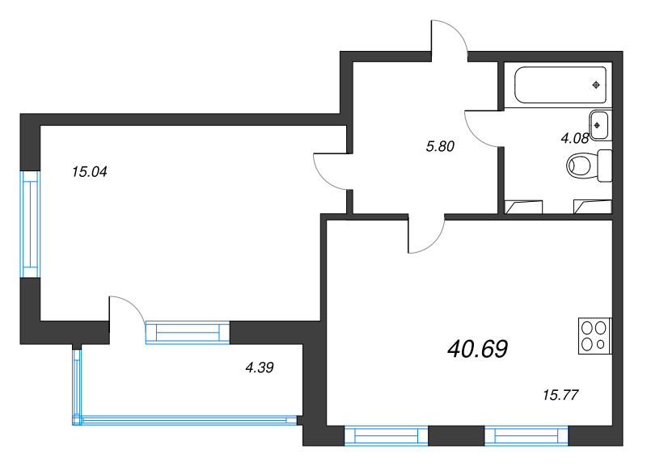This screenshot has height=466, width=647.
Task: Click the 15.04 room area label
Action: [x=90, y=172]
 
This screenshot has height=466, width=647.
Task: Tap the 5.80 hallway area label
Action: [x=440, y=146]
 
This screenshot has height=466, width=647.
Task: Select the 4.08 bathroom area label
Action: [x=574, y=138]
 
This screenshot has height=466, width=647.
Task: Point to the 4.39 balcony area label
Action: [x=260, y=367]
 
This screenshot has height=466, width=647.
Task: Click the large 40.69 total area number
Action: [x=477, y=349]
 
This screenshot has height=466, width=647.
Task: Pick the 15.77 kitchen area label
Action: [x=560, y=395]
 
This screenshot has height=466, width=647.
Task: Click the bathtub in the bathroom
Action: [x=560, y=85]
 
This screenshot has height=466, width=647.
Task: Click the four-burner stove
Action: [x=595, y=336]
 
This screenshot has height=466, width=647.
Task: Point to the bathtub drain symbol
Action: [x=596, y=86]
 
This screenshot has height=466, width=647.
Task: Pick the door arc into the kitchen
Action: [x=426, y=234]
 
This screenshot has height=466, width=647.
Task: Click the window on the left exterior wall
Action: [x=31, y=225]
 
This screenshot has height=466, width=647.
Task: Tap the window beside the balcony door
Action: [x=188, y=332]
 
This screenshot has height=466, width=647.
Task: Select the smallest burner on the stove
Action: [x=601, y=343]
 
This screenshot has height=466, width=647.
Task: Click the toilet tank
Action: [x=605, y=166]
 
